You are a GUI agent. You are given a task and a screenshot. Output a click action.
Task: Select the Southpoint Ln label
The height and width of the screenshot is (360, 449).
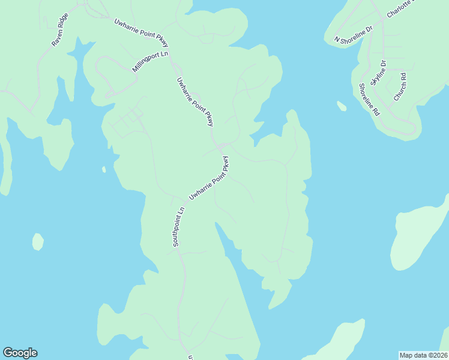[178, 227]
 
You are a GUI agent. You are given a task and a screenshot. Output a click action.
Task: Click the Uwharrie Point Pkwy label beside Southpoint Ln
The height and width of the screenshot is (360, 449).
[209, 178]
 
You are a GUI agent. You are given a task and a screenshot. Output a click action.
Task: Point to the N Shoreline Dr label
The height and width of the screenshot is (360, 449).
[354, 34]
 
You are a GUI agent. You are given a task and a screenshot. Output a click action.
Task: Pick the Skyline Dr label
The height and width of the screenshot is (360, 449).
[378, 73]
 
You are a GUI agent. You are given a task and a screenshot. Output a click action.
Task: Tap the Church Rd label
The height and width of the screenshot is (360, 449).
[400, 86]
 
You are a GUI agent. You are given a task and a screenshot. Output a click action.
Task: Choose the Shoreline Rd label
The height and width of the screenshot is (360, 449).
[369, 100]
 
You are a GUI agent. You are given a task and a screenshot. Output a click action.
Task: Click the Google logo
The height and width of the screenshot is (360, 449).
[20, 353]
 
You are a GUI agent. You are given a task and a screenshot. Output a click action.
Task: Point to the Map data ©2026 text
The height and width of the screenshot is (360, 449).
[423, 355]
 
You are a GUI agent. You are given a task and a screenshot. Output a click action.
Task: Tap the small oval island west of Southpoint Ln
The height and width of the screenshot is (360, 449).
[38, 241]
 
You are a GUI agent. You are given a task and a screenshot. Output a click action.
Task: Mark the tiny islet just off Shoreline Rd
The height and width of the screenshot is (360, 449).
[342, 106]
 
